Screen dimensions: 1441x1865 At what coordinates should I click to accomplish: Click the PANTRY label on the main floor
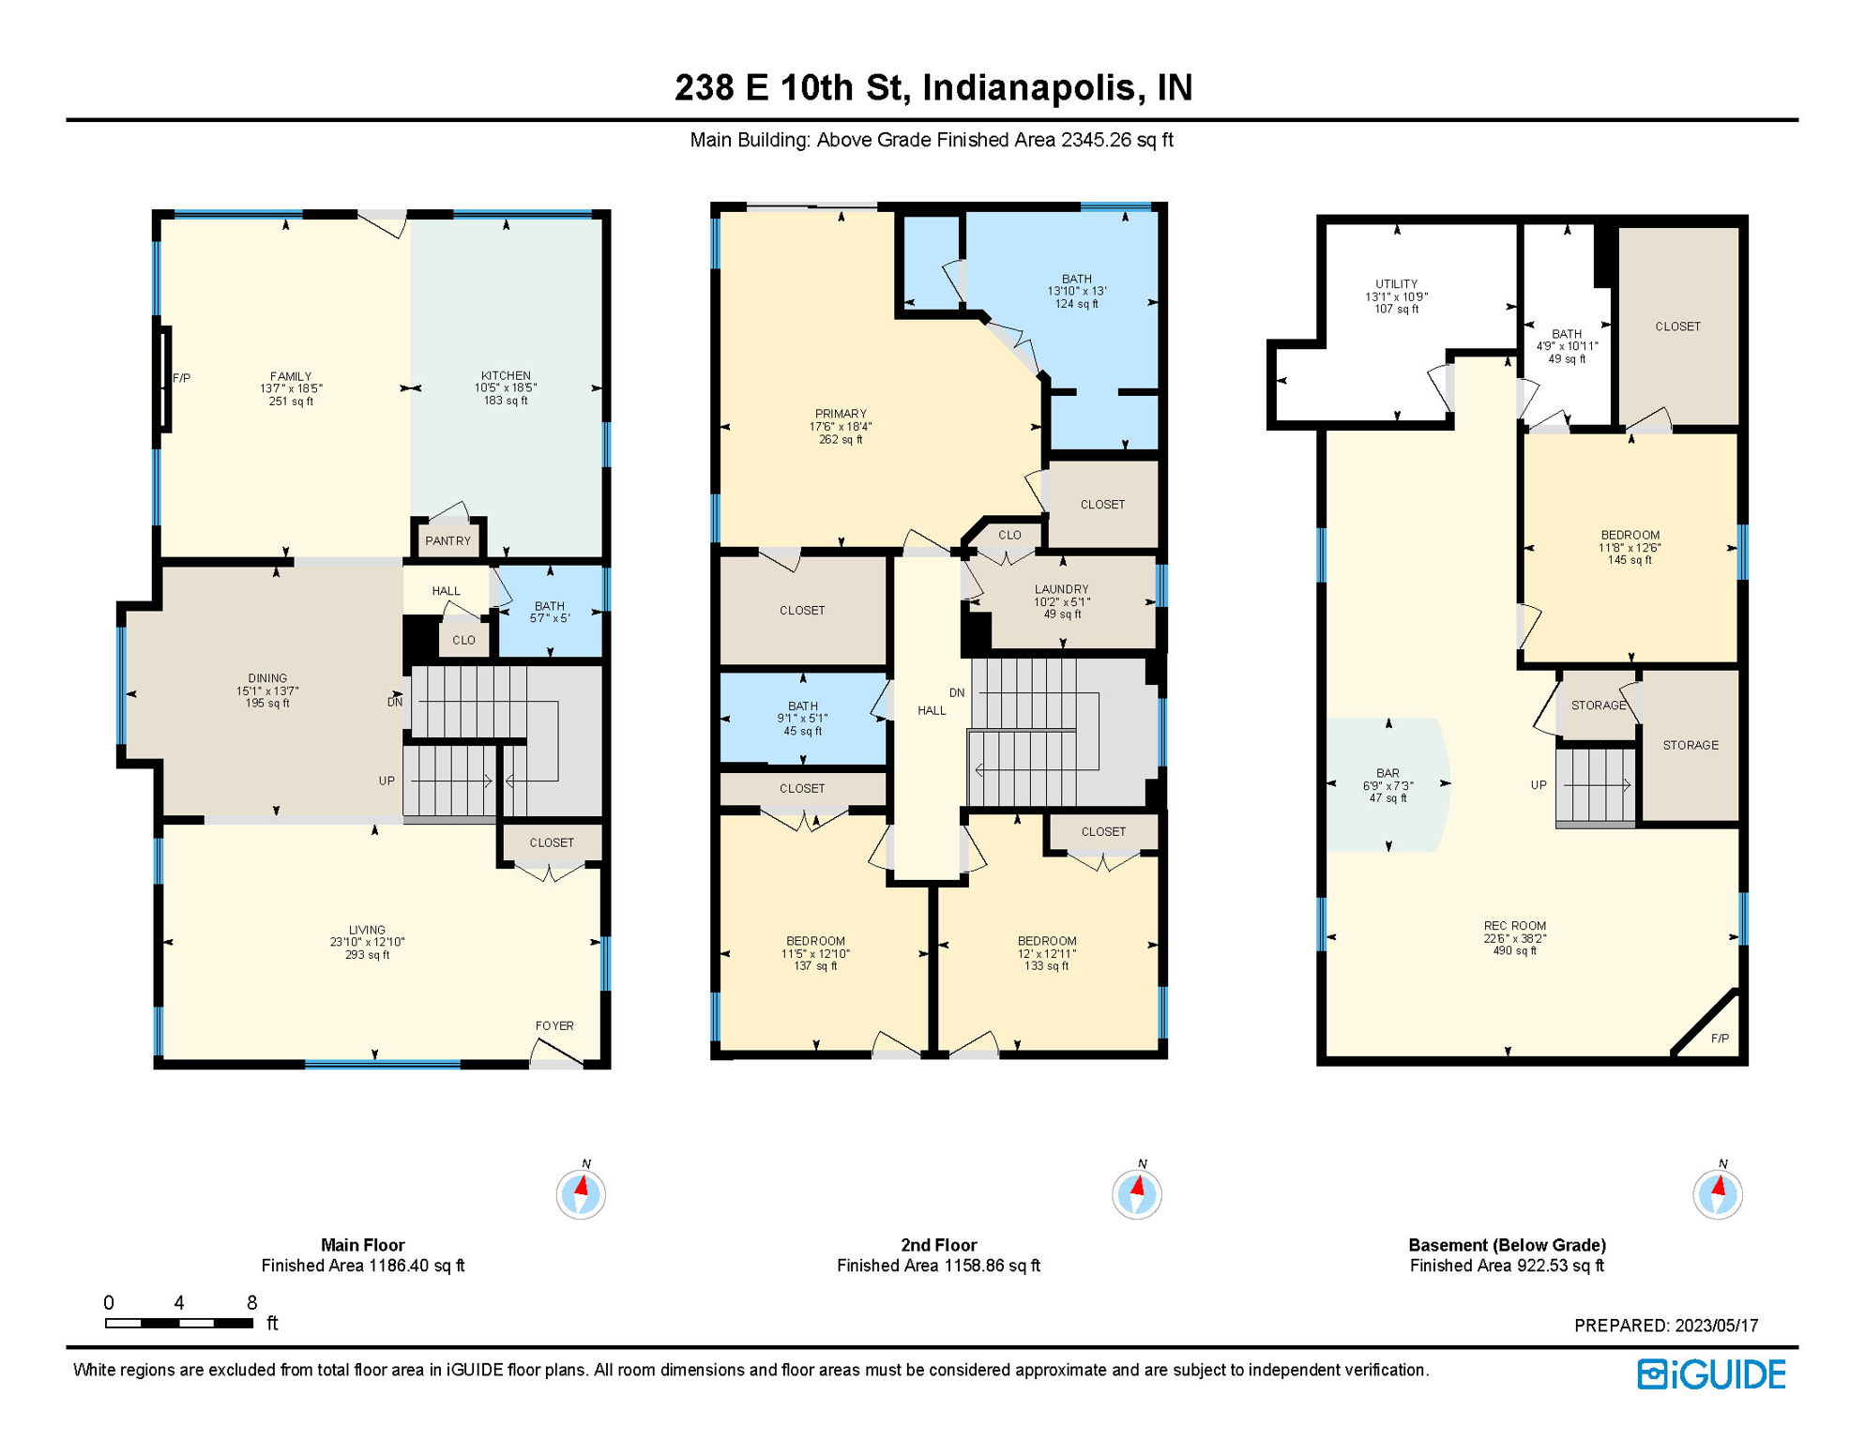click(x=447, y=541)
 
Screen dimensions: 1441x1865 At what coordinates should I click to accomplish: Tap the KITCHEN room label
click(x=506, y=375)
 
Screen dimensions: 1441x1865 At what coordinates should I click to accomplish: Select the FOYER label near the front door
click(x=554, y=1025)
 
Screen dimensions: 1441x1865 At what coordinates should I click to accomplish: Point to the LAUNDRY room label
click(x=1061, y=589)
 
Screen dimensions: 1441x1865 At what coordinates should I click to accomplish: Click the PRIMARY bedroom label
click(x=841, y=414)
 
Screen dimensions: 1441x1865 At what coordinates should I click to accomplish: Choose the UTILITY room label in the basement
click(x=1396, y=284)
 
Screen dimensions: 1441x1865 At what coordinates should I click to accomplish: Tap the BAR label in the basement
click(x=1387, y=773)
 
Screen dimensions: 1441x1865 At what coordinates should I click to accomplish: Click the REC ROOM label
click(x=1514, y=925)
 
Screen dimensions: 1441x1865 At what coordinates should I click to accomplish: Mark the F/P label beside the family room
click(x=182, y=378)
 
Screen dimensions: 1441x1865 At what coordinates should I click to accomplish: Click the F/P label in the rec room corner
click(x=1719, y=1038)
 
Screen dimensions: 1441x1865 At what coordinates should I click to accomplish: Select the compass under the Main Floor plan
click(x=581, y=1193)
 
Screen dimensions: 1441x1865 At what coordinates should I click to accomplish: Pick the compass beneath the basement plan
click(x=1717, y=1193)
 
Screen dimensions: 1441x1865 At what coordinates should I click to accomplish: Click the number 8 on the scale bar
click(x=251, y=1302)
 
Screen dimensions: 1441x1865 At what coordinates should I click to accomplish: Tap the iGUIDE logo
click(x=1711, y=1374)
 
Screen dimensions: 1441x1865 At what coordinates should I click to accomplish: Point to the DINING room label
click(x=267, y=678)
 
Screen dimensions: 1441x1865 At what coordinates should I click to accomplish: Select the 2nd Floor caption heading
click(x=938, y=1245)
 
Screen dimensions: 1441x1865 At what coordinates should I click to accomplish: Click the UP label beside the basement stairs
click(x=1539, y=785)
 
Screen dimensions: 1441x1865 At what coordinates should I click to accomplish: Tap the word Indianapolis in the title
click(x=1033, y=87)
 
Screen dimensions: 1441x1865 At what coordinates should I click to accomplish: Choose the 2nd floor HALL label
click(x=932, y=710)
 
